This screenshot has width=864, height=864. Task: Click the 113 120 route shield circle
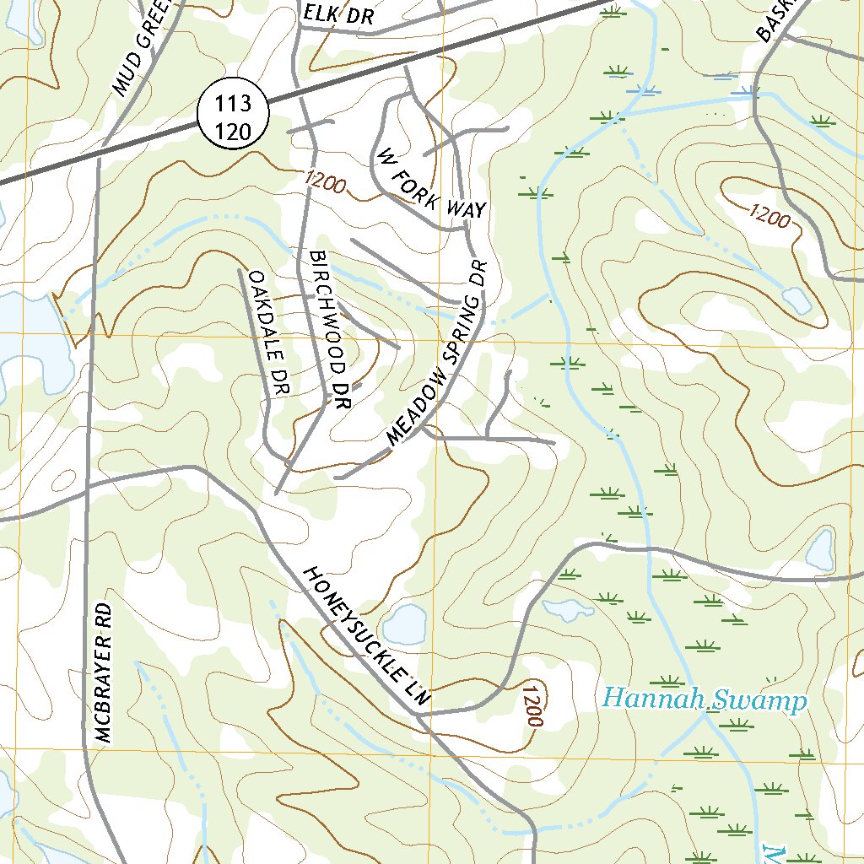pos(232,116)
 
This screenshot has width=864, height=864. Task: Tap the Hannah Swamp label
pos(705,700)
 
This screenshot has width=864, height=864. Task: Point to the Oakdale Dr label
pos(269,332)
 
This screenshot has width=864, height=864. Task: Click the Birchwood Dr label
pos(328,331)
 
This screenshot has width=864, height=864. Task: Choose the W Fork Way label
pos(431,184)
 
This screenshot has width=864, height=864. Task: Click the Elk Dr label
pos(335,14)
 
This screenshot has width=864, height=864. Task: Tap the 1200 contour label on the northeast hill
pos(769,217)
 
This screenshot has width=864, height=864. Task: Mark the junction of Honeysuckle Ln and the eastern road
pos(419,714)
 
